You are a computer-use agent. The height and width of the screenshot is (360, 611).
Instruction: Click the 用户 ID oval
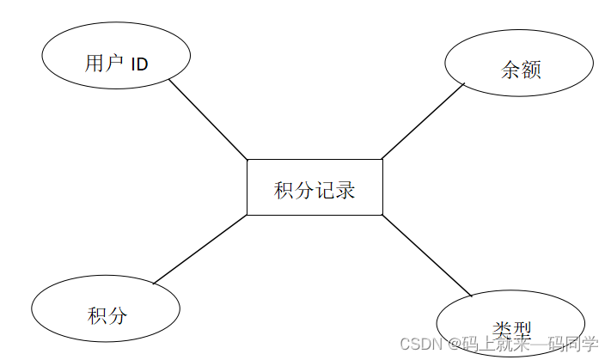click(x=116, y=56)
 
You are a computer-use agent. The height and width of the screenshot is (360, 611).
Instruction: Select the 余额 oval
click(x=519, y=63)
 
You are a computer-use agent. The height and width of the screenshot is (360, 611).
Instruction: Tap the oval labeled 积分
click(x=106, y=308)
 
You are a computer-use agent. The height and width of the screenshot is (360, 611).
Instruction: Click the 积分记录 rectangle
click(x=315, y=186)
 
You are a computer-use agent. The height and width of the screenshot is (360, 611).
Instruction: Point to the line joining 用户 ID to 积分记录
click(x=208, y=119)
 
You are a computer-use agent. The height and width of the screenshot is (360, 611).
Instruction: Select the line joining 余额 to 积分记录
click(x=423, y=121)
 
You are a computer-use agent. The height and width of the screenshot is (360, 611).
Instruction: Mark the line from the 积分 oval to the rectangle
click(x=200, y=249)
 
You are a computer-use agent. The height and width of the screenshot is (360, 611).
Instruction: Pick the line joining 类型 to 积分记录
click(x=427, y=255)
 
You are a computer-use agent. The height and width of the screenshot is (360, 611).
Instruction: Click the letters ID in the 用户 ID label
click(x=140, y=64)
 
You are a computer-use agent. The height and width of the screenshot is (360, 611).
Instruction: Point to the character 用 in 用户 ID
click(x=95, y=64)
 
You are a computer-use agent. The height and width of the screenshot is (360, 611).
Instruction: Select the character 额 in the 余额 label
click(x=531, y=70)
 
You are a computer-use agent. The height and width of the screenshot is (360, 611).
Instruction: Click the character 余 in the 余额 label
click(x=510, y=70)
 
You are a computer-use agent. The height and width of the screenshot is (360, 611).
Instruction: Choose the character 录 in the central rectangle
click(x=345, y=190)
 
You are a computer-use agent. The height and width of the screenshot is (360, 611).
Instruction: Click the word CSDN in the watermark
click(x=419, y=345)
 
